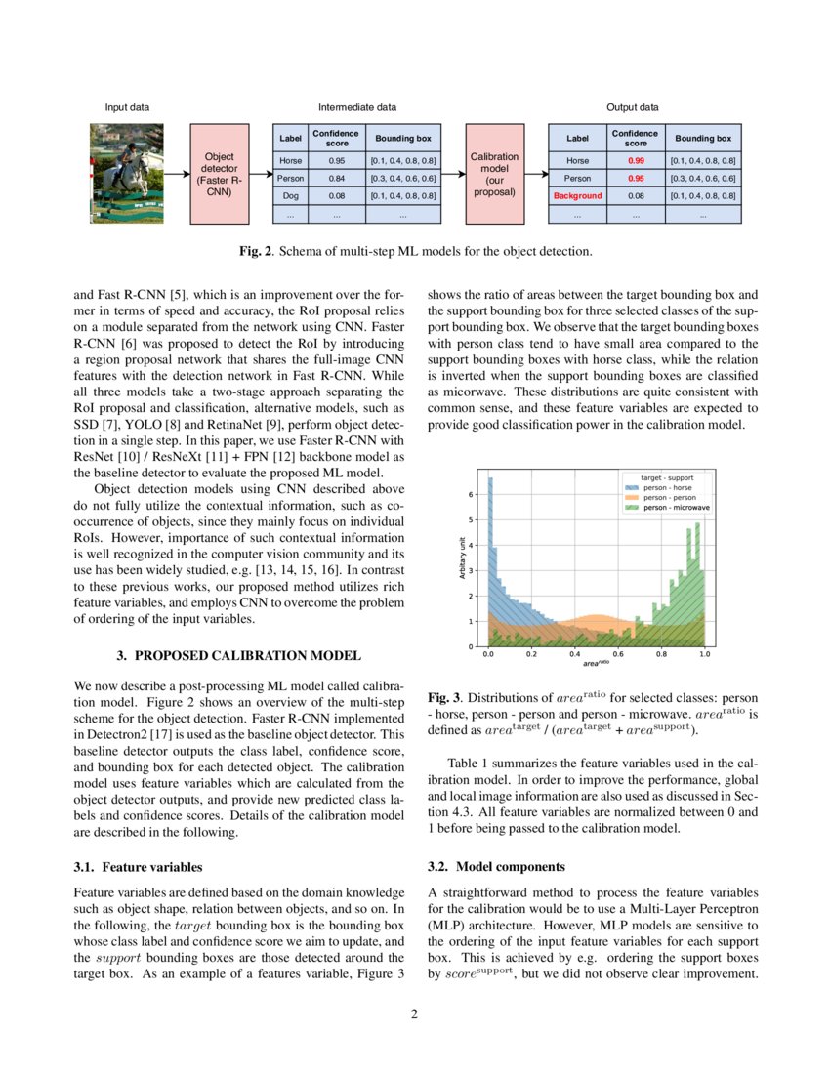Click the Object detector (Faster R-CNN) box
(x=220, y=175)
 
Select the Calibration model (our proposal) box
(x=494, y=175)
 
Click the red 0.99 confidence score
(x=636, y=160)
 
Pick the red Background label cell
(x=577, y=196)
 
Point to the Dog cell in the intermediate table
(x=290, y=196)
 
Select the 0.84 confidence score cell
(x=336, y=179)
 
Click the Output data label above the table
(x=633, y=107)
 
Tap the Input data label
(x=127, y=107)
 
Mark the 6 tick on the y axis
(x=474, y=495)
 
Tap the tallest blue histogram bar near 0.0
(x=490, y=557)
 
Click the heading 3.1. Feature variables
(x=139, y=866)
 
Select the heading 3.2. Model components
(x=496, y=866)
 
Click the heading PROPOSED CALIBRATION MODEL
(x=247, y=654)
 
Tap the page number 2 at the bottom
(x=414, y=1014)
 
